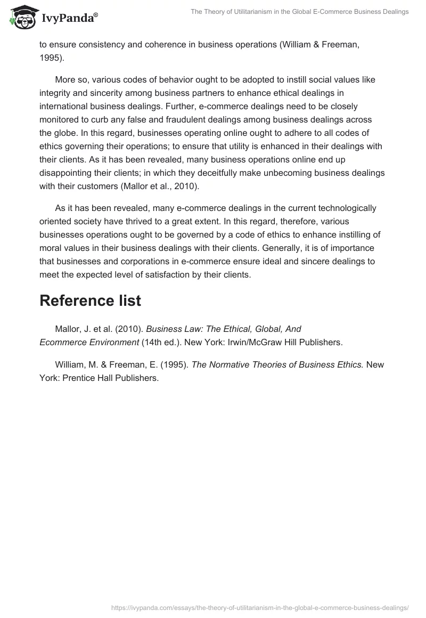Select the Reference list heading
point(90,300)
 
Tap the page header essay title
point(299,12)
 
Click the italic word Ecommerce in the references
point(63,342)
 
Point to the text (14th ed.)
point(161,342)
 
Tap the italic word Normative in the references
point(227,364)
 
